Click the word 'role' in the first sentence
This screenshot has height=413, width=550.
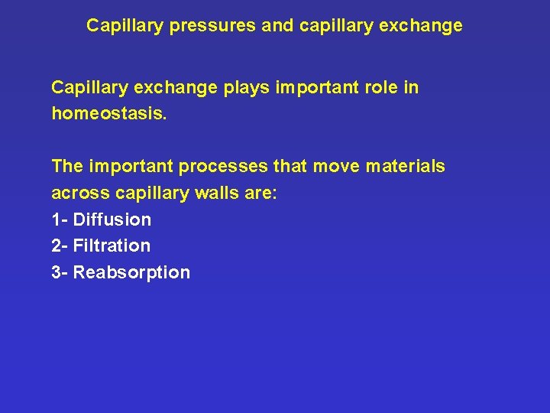[x=379, y=88]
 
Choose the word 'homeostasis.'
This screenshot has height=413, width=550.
[x=102, y=114]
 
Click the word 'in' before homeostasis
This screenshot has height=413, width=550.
[x=411, y=88]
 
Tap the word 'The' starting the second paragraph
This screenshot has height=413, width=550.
[x=67, y=167]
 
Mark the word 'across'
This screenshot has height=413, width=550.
[x=79, y=193]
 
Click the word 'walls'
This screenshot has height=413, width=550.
[x=216, y=193]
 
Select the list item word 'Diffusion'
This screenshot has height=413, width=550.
[x=112, y=220]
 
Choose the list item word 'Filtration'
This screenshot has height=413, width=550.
[x=112, y=246]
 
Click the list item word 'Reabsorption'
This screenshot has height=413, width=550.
[x=131, y=273]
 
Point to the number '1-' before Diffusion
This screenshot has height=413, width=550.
[x=60, y=220]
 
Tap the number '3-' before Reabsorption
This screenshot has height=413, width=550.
[x=60, y=273]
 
